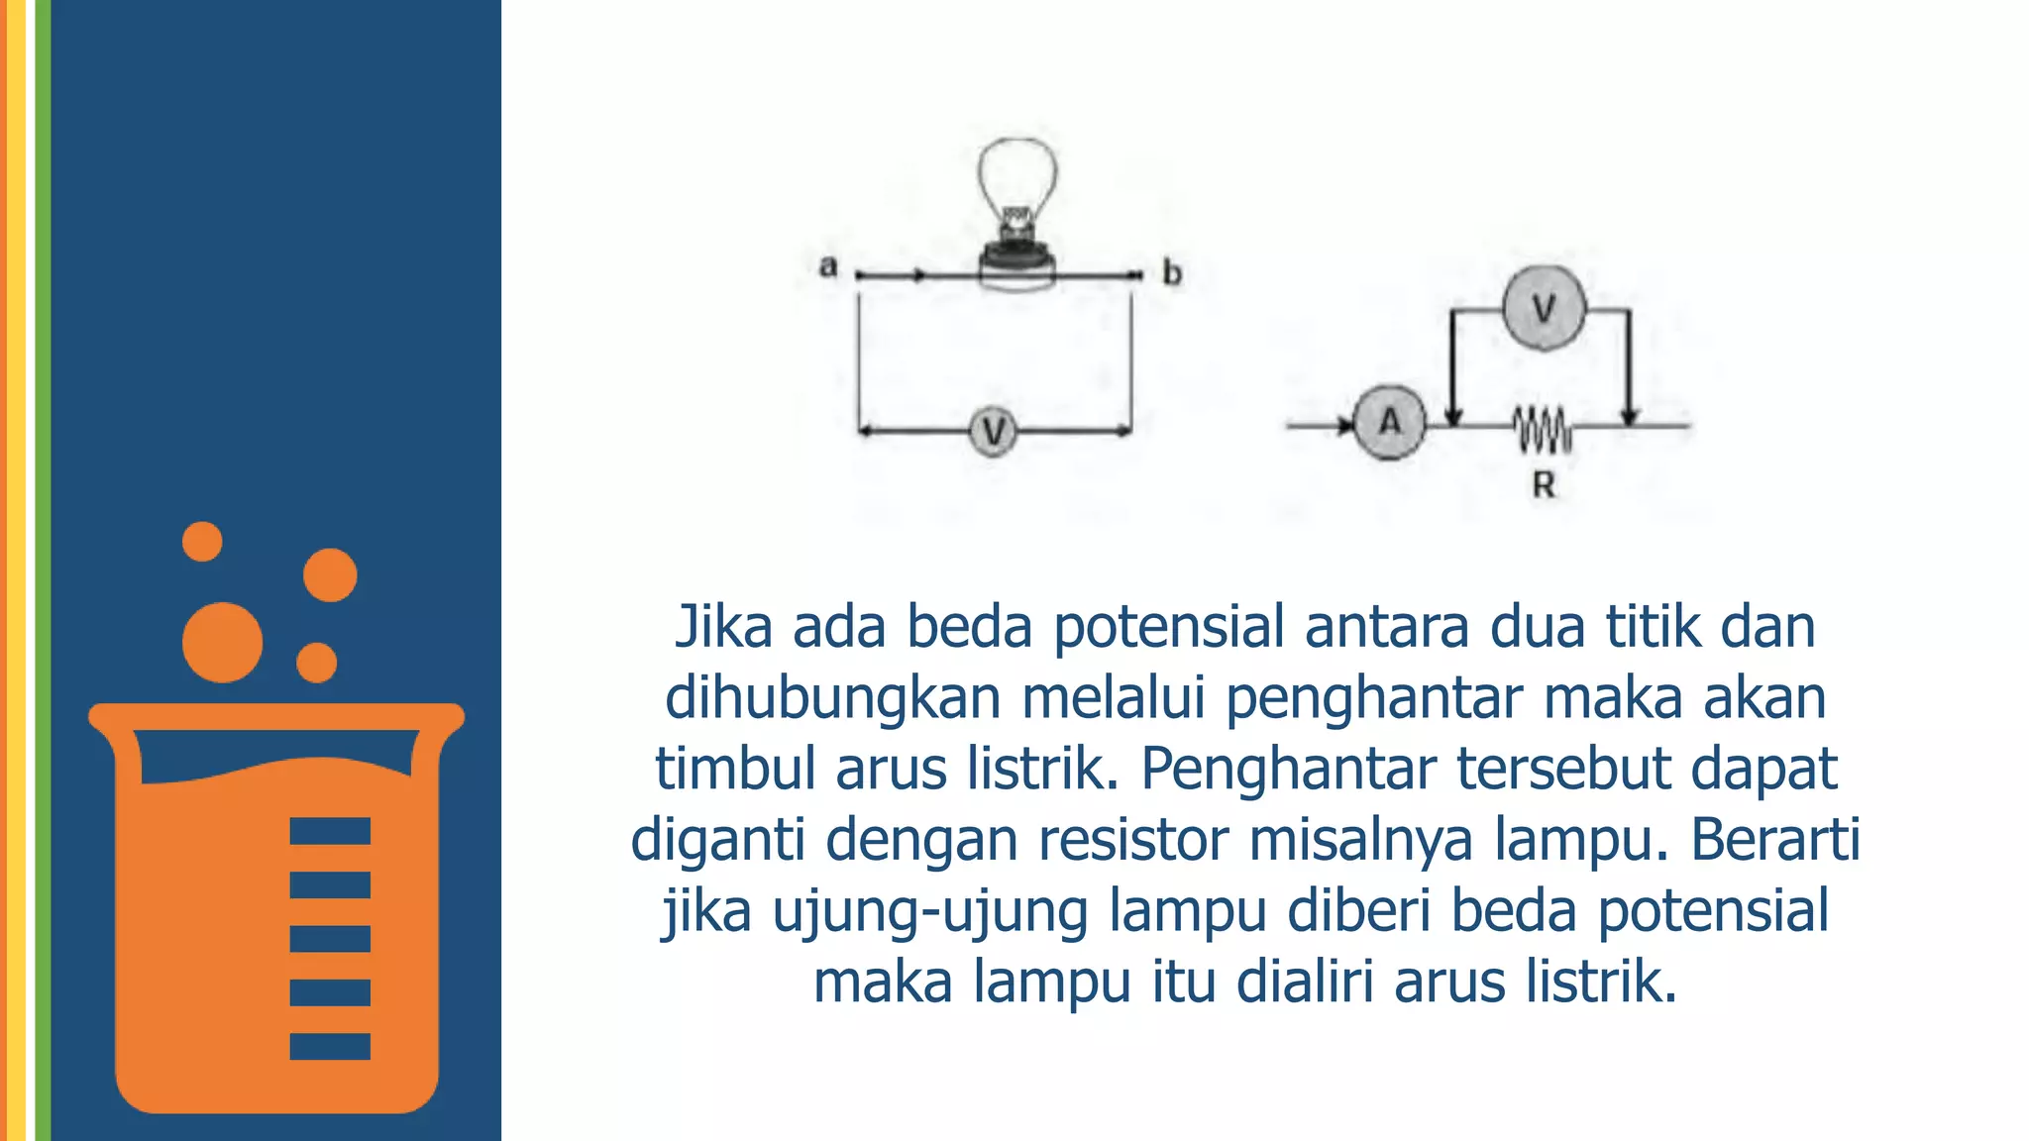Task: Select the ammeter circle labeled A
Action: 1390,423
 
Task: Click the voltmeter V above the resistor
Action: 1544,309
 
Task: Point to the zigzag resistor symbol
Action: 1542,428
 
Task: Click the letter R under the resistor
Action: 1544,485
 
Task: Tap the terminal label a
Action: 828,266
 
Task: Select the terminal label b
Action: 1172,272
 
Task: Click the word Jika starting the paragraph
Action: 723,627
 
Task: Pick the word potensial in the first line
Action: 1168,629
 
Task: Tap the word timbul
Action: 734,770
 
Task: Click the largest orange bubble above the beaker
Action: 222,642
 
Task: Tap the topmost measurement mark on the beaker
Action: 330,830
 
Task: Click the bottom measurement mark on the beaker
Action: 330,1046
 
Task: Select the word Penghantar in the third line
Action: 1287,770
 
